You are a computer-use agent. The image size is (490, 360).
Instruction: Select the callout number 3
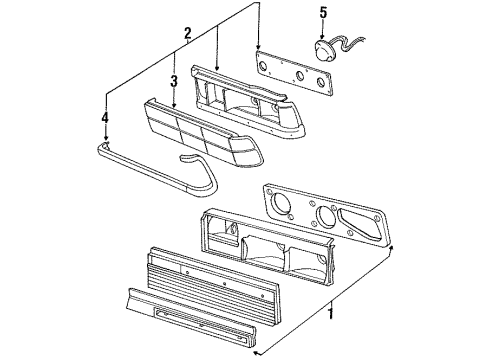[173, 81]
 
